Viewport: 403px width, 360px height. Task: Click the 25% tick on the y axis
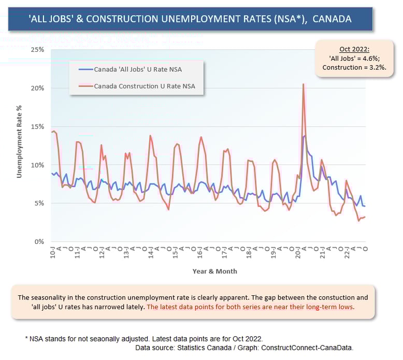click(x=37, y=50)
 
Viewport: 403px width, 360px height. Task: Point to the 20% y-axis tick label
click(x=37, y=88)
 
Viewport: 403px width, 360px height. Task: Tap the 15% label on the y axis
click(x=37, y=127)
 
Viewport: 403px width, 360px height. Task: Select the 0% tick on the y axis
click(x=39, y=241)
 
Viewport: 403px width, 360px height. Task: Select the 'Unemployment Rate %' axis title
click(x=19, y=141)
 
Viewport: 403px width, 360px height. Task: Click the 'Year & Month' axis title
click(x=215, y=271)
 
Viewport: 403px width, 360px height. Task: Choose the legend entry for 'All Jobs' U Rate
click(x=130, y=69)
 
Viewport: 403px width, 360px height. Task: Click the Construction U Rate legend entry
click(x=137, y=86)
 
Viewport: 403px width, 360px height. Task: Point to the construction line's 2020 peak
click(x=303, y=84)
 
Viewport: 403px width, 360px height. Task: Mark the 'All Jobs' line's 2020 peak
click(x=305, y=136)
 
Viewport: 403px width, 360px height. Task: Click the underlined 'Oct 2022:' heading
click(x=354, y=49)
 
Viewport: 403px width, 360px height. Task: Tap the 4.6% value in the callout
click(x=371, y=59)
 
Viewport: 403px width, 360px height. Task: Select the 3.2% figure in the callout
click(x=378, y=67)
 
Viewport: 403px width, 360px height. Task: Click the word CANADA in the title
click(x=332, y=19)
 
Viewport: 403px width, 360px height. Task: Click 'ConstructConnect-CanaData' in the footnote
click(x=307, y=348)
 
